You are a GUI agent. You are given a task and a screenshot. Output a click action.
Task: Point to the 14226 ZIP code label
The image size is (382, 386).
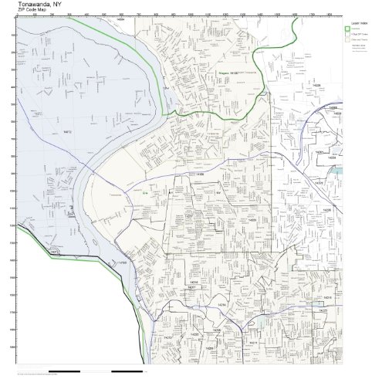click(x=327, y=209)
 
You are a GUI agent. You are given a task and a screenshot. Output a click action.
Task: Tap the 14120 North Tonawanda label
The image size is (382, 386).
click(x=231, y=72)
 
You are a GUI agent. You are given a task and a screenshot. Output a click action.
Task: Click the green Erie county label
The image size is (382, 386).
click(x=145, y=193)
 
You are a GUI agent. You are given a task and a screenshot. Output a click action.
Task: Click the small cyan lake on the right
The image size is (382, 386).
click(x=336, y=167)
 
